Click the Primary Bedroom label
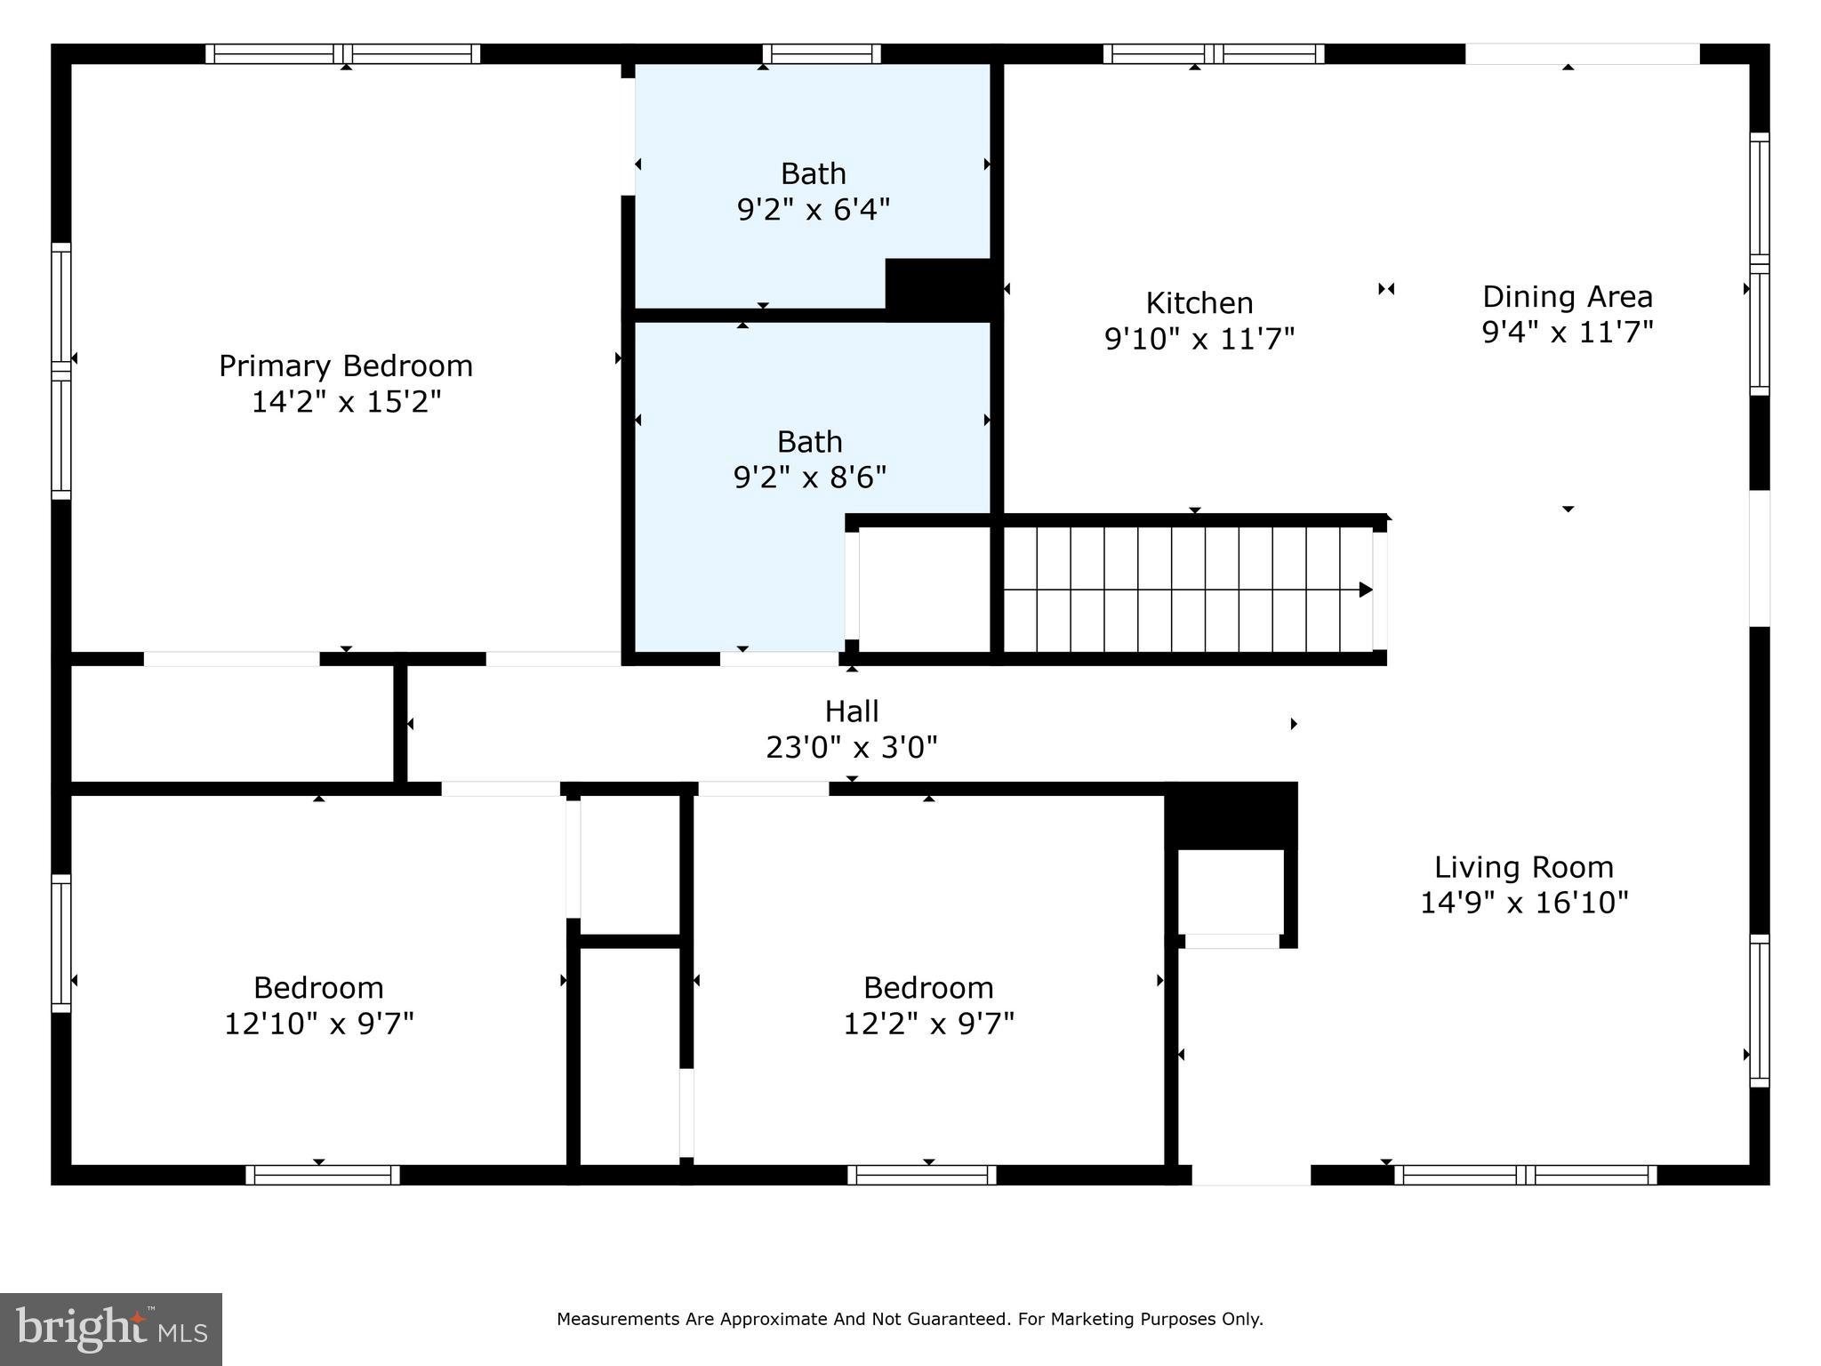point(345,366)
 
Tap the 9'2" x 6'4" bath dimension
point(813,210)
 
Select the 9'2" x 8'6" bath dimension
point(809,478)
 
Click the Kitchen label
point(1199,303)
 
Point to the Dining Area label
point(1567,296)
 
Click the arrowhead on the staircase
point(1366,590)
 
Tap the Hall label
point(851,711)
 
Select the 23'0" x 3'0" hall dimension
point(851,747)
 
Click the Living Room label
point(1523,867)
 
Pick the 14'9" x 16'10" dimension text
point(1523,904)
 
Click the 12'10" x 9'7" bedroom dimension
point(318,1024)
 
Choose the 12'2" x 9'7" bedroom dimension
point(928,1024)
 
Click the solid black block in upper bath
point(939,285)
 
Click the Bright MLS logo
point(111,1329)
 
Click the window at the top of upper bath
point(822,53)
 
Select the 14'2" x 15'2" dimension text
point(345,402)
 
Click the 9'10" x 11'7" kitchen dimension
point(1199,339)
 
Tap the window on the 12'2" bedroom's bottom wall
point(921,1175)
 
